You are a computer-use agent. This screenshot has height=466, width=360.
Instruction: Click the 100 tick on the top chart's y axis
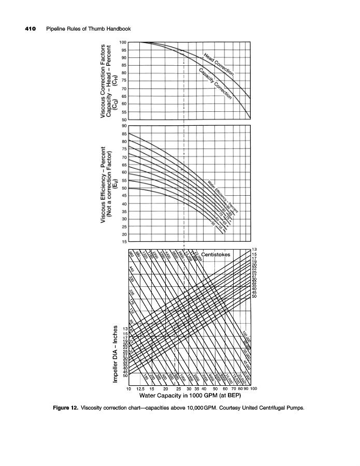coord(123,42)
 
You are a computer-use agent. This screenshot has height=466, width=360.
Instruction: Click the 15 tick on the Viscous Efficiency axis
coord(123,242)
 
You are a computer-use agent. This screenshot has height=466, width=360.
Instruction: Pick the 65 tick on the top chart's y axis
coord(123,96)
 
